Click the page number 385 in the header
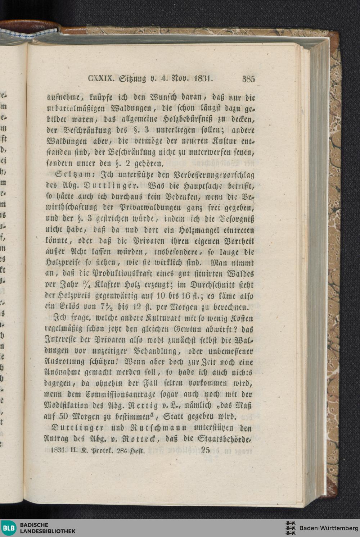click(x=249, y=79)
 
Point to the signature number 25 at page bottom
click(x=206, y=450)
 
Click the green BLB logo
click(x=9, y=528)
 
